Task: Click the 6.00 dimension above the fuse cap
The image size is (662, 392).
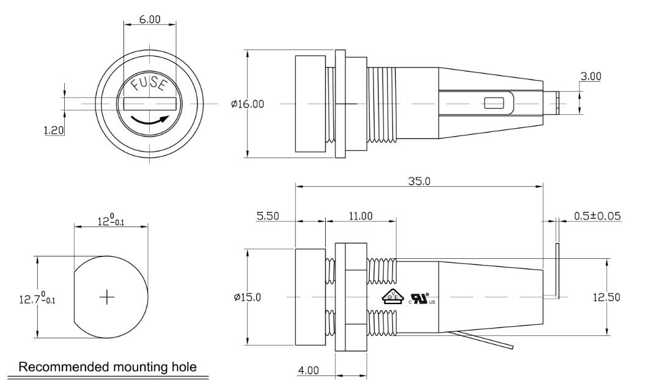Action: (150, 20)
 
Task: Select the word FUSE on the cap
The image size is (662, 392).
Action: (149, 84)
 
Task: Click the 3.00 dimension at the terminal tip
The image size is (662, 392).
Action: (590, 76)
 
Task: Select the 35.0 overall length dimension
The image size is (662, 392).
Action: (418, 181)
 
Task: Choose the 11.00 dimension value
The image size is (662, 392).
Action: (360, 216)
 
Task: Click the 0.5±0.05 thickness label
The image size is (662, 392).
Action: (597, 216)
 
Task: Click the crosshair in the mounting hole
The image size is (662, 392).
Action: (107, 297)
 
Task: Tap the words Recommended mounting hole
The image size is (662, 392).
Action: (109, 367)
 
